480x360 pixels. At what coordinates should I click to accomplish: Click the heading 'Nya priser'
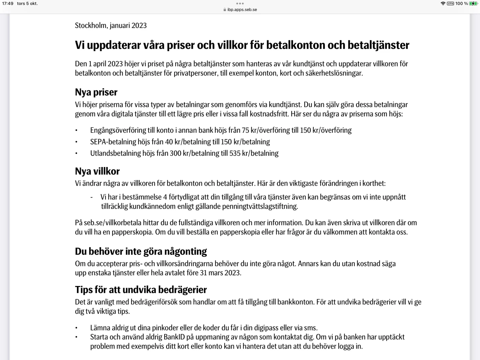pos(96,92)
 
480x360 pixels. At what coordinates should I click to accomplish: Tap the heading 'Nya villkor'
pos(97,171)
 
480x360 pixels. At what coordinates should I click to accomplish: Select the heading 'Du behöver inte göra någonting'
pos(141,251)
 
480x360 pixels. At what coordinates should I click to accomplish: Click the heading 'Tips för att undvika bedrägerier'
pos(141,289)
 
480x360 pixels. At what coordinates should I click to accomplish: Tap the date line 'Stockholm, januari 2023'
pos(111,25)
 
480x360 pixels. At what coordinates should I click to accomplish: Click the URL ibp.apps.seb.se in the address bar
pos(242,10)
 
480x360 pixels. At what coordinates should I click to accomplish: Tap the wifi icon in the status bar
pos(443,4)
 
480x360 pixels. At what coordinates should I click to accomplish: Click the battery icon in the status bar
pos(473,4)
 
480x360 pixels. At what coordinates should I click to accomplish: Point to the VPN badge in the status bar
pos(450,4)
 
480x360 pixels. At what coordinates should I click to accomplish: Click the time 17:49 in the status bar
pos(8,4)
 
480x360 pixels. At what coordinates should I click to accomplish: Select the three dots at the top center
pos(240,3)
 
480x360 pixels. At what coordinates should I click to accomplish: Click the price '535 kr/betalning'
pos(254,153)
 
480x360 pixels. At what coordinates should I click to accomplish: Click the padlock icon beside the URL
pos(225,10)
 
